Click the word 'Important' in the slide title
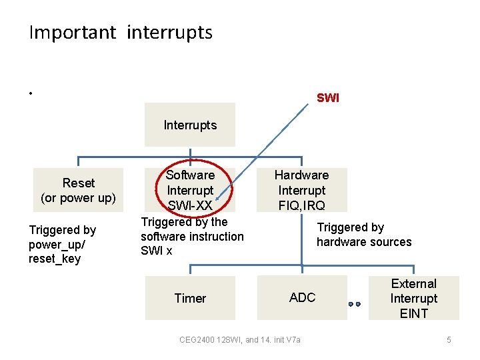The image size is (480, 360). coord(72,33)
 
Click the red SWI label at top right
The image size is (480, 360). coord(327,98)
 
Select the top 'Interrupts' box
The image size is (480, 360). coord(190,125)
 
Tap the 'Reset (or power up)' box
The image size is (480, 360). coord(79,190)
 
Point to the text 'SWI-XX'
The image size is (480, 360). coord(190,205)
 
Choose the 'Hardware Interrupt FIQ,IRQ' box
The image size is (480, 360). coord(302,190)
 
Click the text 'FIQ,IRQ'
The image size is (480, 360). coord(302,205)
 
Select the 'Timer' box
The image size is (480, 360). coord(190,298)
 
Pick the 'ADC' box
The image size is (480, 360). coord(302,297)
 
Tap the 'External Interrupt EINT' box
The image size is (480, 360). coord(414,298)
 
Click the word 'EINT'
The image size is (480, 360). coord(414,313)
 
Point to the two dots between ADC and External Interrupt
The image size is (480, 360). coord(354,304)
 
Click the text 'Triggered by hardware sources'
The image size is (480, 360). coord(364,235)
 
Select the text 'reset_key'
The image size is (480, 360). coord(55,259)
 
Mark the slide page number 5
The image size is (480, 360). coord(449,340)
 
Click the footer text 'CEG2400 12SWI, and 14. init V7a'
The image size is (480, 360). coord(240,340)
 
